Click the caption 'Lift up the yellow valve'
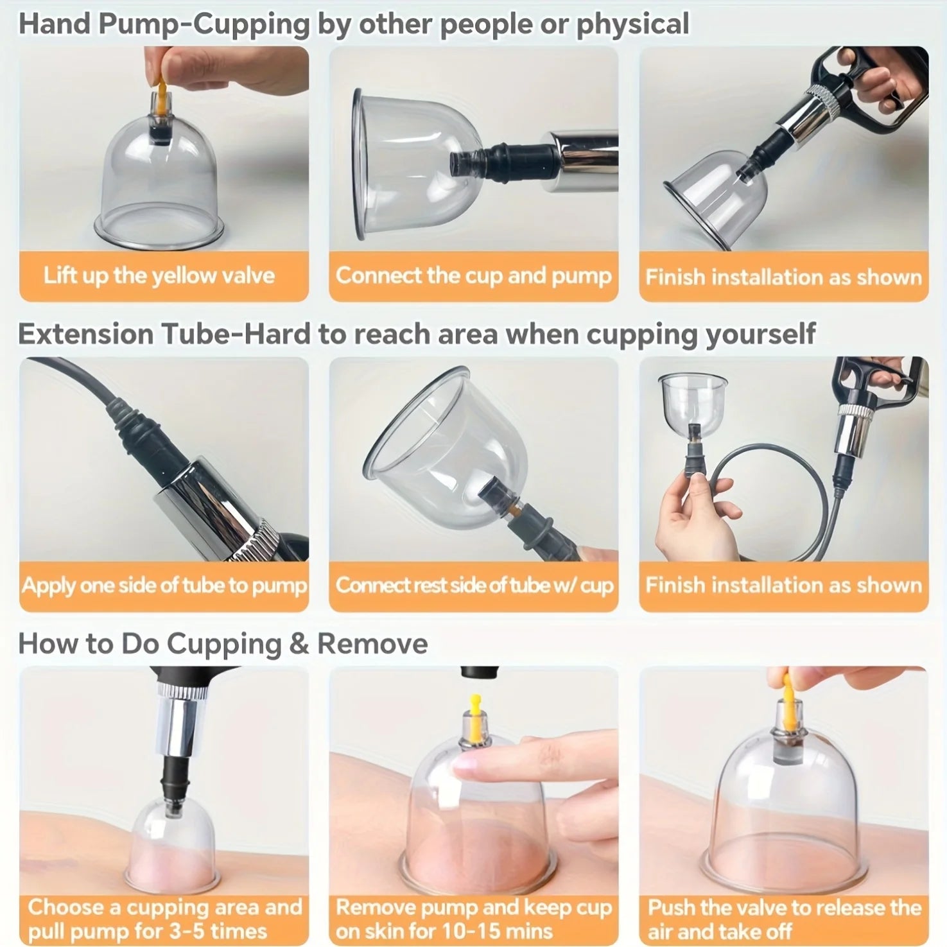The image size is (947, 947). [x=159, y=276]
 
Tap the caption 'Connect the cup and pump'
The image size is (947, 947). [x=473, y=276]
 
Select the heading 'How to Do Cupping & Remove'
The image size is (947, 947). [x=223, y=643]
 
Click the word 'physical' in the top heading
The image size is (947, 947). [x=632, y=24]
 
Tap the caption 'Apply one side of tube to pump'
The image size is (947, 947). [x=164, y=586]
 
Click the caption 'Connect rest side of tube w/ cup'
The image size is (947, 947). [x=474, y=586]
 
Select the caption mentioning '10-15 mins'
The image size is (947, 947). [x=473, y=919]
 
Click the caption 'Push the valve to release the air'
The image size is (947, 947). [x=783, y=919]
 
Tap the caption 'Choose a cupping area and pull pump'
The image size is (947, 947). [x=164, y=919]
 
